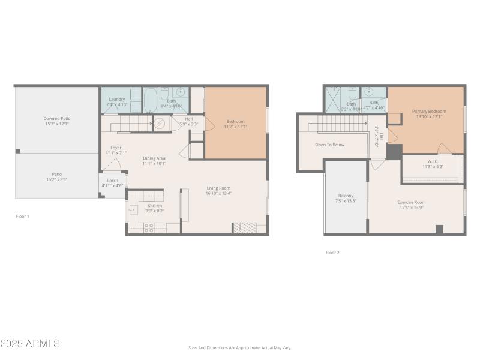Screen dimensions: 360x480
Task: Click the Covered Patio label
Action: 57,118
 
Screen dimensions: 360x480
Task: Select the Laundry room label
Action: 116,99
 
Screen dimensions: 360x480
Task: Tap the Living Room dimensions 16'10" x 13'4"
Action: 219,193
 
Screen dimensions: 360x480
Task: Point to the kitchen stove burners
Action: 149,227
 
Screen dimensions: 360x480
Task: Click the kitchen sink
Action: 133,210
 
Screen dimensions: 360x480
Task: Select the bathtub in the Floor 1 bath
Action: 151,100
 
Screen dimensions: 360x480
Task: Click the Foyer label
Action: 116,148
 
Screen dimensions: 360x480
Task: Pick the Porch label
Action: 112,180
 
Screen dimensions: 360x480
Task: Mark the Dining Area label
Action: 154,158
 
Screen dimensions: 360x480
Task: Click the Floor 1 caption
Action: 22,216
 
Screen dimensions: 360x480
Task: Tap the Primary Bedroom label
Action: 429,111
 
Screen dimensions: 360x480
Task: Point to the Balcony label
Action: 346,196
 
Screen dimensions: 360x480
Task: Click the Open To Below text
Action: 330,145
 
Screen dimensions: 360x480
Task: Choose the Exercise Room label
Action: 411,202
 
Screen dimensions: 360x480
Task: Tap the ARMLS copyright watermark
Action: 30,344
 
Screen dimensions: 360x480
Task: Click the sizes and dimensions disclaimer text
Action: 239,347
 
